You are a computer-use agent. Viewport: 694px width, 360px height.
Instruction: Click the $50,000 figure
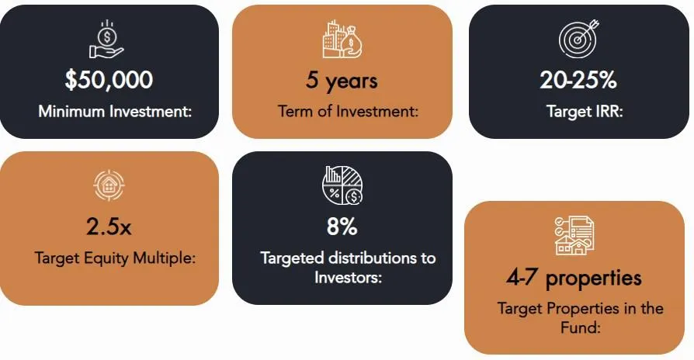pos(109,80)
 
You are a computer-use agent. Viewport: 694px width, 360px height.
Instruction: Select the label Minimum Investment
pos(115,111)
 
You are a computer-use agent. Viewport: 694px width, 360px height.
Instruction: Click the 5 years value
pos(342,81)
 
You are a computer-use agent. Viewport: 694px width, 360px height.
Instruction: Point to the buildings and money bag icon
pos(342,39)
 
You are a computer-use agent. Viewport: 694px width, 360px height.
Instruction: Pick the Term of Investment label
pos(348,111)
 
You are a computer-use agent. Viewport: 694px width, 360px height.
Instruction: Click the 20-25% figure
pos(578,80)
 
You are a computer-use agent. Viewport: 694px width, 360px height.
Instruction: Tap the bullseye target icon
pos(579,39)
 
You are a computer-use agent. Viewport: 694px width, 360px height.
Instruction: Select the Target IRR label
pos(585,111)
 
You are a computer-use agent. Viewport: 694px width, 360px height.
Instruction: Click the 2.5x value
pos(109,227)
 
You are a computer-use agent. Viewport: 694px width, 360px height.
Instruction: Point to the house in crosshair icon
pos(109,185)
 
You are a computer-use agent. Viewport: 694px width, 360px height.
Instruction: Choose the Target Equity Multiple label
pos(115,258)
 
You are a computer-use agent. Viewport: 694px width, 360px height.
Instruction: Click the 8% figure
pos(342,227)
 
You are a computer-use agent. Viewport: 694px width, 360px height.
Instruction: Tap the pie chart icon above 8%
pos(342,185)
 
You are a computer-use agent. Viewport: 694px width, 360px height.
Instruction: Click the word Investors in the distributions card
pos(348,277)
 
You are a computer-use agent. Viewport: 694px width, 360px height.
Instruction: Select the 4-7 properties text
pos(574,279)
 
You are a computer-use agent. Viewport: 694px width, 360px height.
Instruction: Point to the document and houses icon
pos(574,235)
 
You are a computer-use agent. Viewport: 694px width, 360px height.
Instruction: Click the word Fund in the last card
pos(580,327)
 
